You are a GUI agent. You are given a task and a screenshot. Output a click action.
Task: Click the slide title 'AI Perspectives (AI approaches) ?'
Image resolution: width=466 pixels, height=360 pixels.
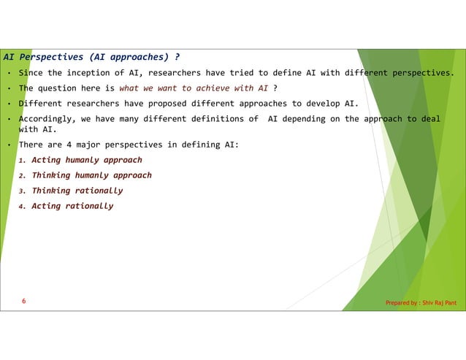[x=91, y=56]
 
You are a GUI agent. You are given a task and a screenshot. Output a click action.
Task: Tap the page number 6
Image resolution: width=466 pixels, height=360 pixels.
[x=24, y=301]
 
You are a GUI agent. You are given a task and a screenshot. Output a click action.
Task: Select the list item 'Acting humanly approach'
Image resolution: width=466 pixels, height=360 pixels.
[x=87, y=160]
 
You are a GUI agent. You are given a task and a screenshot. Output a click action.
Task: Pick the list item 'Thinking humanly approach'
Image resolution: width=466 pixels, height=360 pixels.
[x=91, y=175]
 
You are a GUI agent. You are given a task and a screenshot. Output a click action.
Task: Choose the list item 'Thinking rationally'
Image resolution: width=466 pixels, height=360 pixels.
[x=77, y=191]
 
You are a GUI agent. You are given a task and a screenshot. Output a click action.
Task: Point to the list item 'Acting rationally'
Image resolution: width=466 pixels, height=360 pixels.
[x=72, y=206]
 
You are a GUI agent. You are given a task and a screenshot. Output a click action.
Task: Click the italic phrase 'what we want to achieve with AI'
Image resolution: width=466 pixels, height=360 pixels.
[x=194, y=88]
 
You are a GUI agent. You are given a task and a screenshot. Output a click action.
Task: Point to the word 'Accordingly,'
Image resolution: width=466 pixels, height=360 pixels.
[x=45, y=118]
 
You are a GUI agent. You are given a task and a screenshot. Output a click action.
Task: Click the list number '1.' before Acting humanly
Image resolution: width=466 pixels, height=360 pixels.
[x=23, y=161]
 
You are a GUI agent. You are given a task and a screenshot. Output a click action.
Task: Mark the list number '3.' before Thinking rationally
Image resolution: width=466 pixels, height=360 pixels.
[x=23, y=191]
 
